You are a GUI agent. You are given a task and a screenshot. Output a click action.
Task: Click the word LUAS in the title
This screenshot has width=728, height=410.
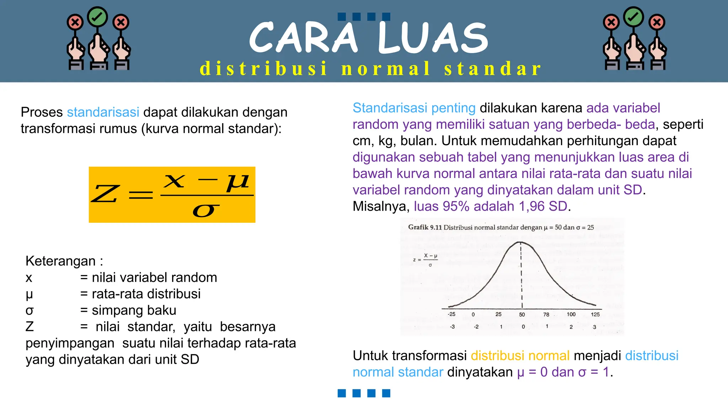pos(433,37)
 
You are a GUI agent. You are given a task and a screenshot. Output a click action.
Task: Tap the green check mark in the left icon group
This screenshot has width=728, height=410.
pos(97,17)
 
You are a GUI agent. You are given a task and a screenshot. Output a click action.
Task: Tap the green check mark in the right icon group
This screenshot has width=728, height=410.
pos(634,17)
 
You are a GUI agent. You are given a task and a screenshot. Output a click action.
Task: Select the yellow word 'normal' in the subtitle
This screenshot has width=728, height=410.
pos(386,68)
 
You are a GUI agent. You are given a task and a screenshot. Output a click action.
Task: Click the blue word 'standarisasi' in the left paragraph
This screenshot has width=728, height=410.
pos(103,112)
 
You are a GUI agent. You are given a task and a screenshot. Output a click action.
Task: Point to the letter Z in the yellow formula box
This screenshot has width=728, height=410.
pos(105,194)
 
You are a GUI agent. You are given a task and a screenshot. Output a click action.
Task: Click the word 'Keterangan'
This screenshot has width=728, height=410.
pos(60,261)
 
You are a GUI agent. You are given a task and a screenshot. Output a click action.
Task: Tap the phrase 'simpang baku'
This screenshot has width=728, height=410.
pos(134,310)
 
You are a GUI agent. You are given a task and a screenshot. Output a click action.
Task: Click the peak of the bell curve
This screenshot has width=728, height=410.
pos(520,243)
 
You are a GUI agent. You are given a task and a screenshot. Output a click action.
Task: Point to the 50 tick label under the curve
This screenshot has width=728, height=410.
pos(522,315)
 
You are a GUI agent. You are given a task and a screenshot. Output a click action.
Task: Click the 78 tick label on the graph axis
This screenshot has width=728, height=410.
pos(546,315)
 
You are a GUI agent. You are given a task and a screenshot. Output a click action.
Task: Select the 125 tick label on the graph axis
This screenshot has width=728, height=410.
pos(595,314)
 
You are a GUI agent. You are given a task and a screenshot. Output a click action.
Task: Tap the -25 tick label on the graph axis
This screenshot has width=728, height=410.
pos(451,314)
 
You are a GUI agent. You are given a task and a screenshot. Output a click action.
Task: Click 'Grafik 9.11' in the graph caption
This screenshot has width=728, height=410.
pos(425,227)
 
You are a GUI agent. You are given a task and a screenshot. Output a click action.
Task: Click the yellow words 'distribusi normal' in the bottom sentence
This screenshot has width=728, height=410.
pos(520,356)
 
